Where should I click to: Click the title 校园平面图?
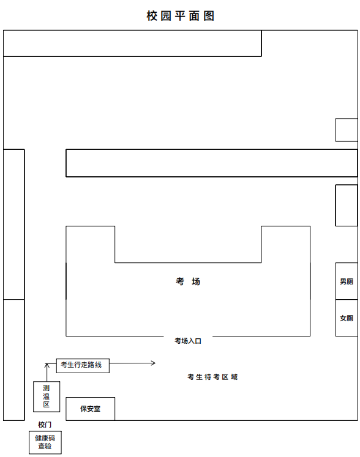[180, 16]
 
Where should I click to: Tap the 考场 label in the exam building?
[188, 281]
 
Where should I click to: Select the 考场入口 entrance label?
[188, 341]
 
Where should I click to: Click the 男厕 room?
[347, 281]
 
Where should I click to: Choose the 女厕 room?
[347, 318]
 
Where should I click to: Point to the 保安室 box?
[90, 409]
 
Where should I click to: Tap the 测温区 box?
[47, 396]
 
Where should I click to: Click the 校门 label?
[45, 425]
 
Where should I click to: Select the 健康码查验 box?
[45, 442]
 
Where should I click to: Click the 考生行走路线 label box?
[83, 365]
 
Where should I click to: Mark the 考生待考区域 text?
[212, 377]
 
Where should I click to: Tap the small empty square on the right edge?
[347, 130]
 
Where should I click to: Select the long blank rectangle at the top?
[132, 43]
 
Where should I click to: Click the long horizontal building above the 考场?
[211, 163]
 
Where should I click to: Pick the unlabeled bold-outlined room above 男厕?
[347, 205]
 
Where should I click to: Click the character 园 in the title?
[166, 16]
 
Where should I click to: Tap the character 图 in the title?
[209, 16]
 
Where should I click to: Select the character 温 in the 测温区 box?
[47, 396]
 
